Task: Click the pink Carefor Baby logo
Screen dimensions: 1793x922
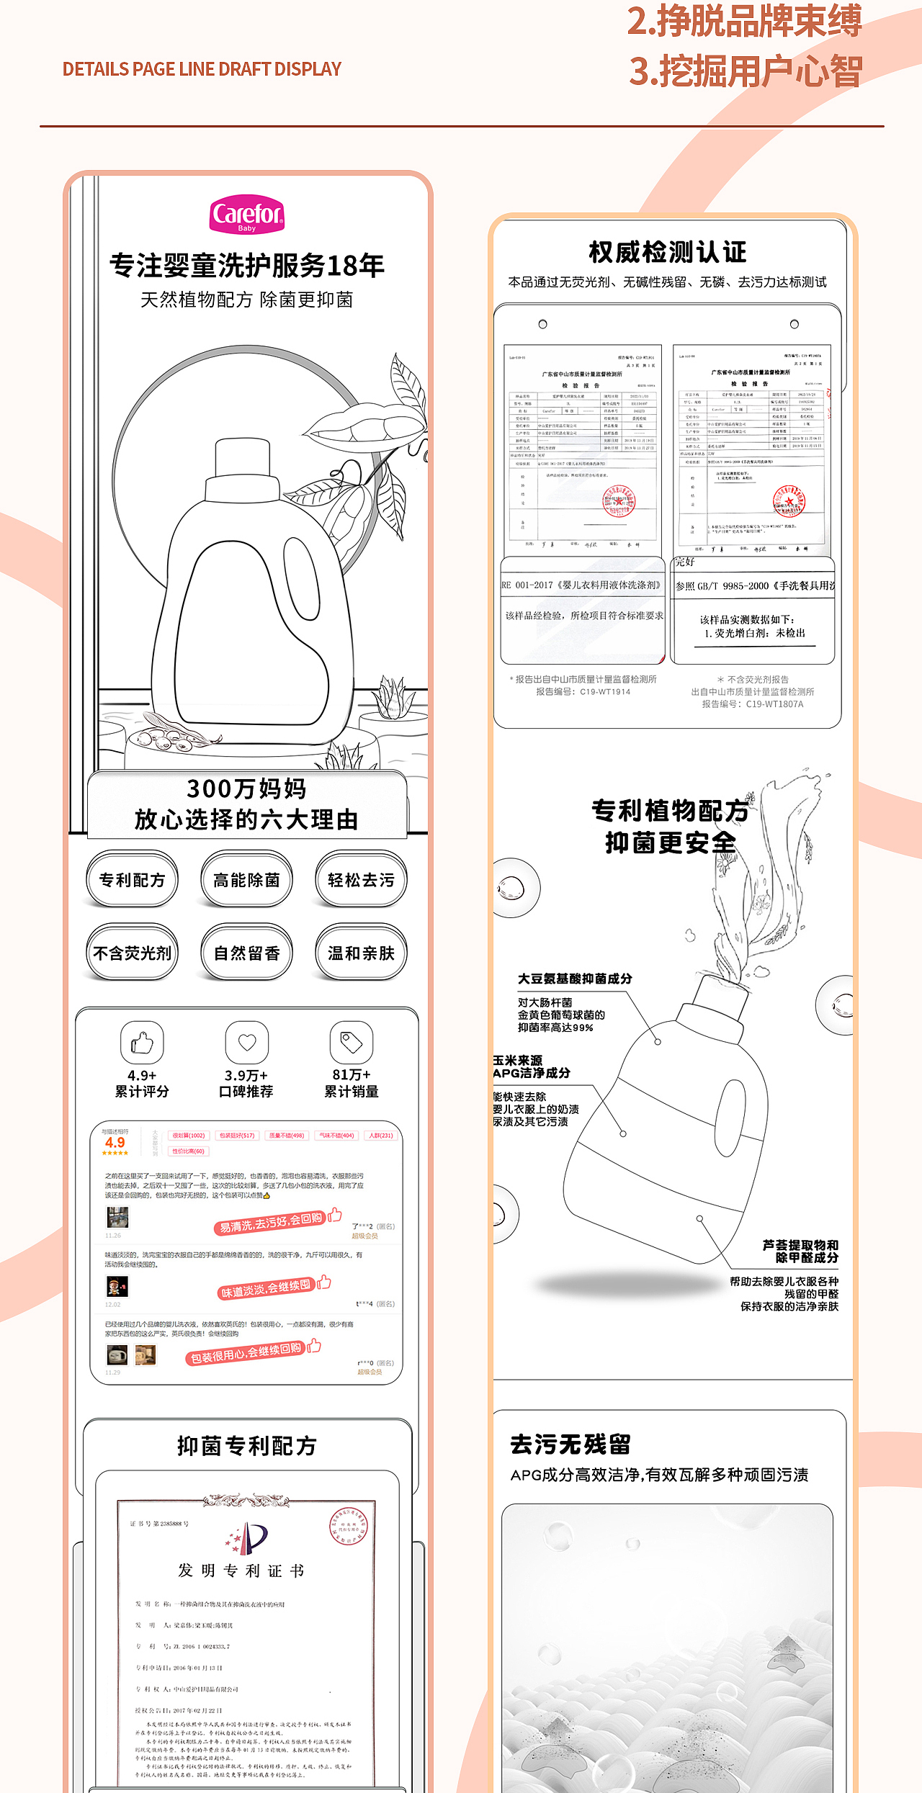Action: click(247, 215)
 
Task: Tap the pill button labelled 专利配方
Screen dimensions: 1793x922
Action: click(132, 879)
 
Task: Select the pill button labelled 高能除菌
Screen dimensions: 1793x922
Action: click(246, 879)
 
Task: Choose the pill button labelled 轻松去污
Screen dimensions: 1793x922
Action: click(361, 879)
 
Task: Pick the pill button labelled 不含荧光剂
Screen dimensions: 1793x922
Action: click(132, 953)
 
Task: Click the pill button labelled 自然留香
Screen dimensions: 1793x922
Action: click(246, 953)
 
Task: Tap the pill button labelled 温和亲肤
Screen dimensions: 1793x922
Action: click(361, 953)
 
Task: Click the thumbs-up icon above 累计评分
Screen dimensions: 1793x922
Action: click(142, 1043)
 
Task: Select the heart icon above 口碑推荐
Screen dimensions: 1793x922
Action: click(247, 1042)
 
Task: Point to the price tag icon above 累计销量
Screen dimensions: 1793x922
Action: click(352, 1042)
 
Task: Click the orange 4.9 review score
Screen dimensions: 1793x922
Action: click(115, 1143)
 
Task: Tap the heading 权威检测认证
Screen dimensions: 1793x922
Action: click(668, 252)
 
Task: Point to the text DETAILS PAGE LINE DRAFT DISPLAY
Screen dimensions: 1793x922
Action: click(202, 69)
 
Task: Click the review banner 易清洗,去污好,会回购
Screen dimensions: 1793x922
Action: click(272, 1222)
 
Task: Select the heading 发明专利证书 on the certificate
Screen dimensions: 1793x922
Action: click(241, 1570)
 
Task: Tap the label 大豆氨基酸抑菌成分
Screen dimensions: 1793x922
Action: click(575, 979)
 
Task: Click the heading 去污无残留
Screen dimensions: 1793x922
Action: click(570, 1444)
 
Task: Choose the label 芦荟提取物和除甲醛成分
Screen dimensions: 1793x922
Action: click(800, 1251)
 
